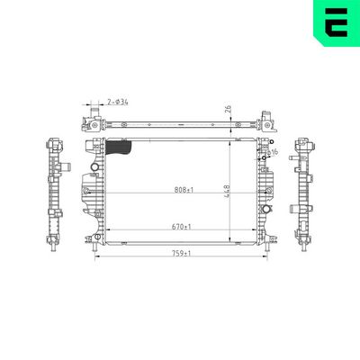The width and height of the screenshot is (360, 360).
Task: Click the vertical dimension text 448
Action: [239, 191]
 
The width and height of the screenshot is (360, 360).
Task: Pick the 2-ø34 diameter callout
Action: [118, 103]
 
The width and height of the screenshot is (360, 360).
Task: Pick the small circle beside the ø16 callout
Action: [263, 162]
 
